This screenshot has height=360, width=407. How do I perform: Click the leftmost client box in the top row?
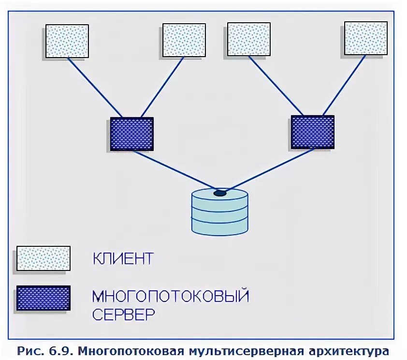pyautogui.click(x=67, y=41)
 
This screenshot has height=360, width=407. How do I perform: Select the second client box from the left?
pyautogui.click(x=184, y=40)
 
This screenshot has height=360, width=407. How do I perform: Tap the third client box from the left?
pyautogui.click(x=249, y=39)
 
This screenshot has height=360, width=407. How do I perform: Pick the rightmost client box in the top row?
pyautogui.click(x=365, y=38)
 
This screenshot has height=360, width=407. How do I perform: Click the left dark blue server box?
pyautogui.click(x=131, y=134)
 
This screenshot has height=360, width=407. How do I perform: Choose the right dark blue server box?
pyautogui.click(x=312, y=132)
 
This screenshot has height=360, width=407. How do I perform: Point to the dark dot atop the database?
pyautogui.click(x=220, y=193)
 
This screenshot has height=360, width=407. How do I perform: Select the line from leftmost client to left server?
pyautogui.click(x=95, y=88)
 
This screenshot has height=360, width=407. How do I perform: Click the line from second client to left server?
pyautogui.click(x=162, y=87)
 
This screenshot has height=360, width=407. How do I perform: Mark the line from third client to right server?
pyautogui.click(x=274, y=86)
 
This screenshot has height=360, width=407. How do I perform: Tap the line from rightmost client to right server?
pyautogui.click(x=344, y=86)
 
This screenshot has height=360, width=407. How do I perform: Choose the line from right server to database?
pyautogui.click(x=268, y=170)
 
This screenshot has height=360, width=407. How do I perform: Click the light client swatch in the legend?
pyautogui.click(x=44, y=258)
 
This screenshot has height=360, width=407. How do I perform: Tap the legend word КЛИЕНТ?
pyautogui.click(x=123, y=259)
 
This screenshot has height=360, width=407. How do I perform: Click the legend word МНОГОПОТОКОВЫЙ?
pyautogui.click(x=171, y=295)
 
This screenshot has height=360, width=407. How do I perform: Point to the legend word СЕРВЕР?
pyautogui.click(x=124, y=315)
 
